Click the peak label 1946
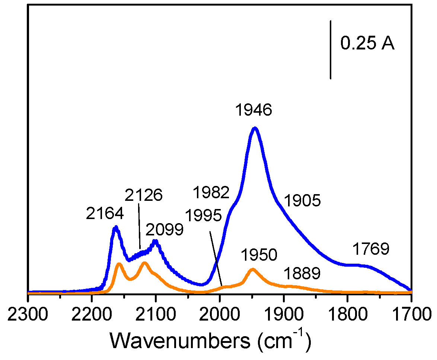click(253, 110)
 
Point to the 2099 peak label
click(165, 230)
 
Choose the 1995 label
click(204, 216)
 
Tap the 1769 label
click(371, 249)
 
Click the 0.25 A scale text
click(367, 44)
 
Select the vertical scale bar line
click(331, 49)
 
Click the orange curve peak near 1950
click(252, 269)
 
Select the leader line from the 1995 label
click(216, 258)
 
